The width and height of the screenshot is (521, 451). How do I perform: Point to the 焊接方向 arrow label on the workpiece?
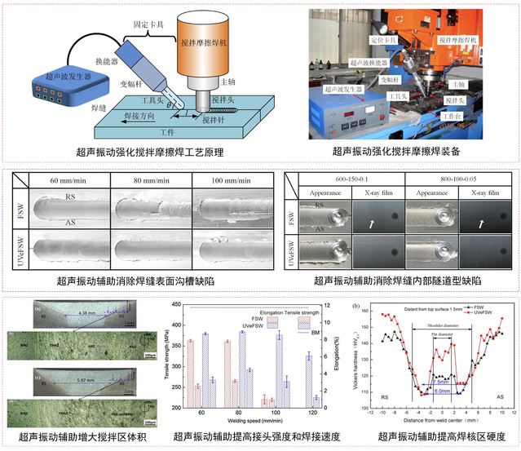(129, 118)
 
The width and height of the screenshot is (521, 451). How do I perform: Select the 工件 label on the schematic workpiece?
(169, 131)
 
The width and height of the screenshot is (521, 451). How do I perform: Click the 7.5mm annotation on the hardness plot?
(440, 380)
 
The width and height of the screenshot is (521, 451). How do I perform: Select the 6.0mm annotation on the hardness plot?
(440, 391)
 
